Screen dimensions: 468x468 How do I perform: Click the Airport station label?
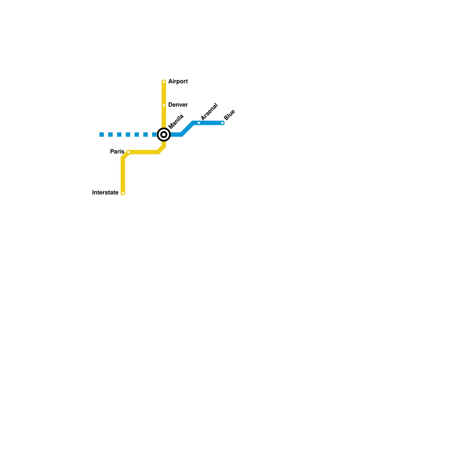(x=178, y=82)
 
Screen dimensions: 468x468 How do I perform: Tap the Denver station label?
(x=178, y=105)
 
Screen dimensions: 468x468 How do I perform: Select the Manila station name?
(x=176, y=121)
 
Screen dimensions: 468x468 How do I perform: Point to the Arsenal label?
(x=209, y=111)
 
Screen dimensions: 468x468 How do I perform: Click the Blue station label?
(x=229, y=115)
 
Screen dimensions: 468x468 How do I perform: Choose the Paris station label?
(x=117, y=152)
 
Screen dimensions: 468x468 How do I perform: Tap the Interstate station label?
(x=105, y=192)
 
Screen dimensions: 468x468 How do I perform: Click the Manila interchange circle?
(x=164, y=135)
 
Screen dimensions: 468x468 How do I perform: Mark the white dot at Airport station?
(x=164, y=82)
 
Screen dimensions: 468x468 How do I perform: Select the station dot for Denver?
(x=164, y=105)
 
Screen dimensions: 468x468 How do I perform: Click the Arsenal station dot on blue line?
(x=199, y=123)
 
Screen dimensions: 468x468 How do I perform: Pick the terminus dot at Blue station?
(x=222, y=123)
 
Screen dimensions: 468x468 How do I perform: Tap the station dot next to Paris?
(x=129, y=152)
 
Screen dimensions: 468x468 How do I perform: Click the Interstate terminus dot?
(x=123, y=193)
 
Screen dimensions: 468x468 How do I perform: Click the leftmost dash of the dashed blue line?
(x=101, y=135)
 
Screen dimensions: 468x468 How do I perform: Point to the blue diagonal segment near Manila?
(x=187, y=129)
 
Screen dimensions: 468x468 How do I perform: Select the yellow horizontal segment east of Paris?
(x=143, y=152)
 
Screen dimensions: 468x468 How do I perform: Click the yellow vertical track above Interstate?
(x=123, y=175)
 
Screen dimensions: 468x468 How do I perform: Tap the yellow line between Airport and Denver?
(x=164, y=94)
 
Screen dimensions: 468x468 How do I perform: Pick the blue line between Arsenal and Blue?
(x=211, y=123)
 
